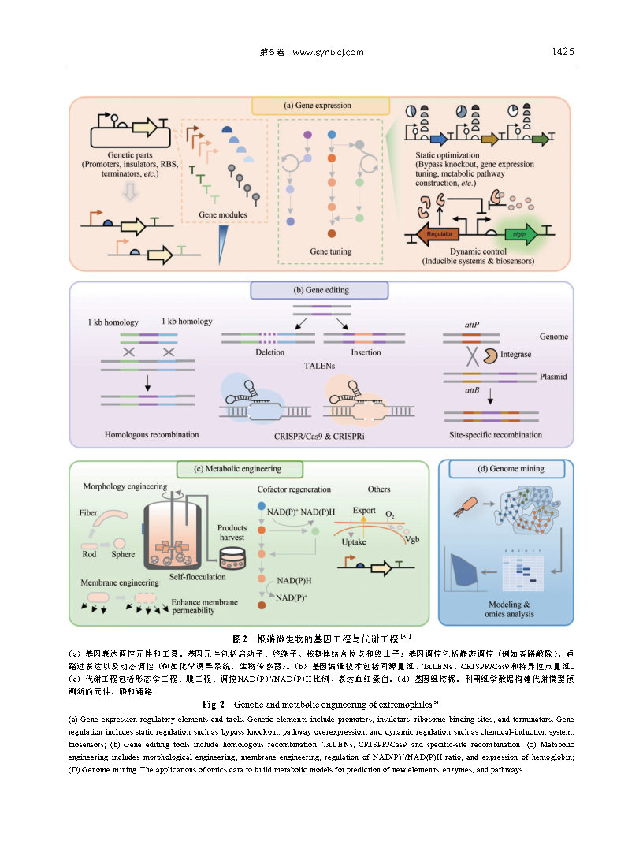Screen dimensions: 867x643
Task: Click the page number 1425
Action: [562, 52]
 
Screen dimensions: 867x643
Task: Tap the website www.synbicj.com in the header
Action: [327, 53]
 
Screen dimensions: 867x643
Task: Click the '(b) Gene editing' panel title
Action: [319, 290]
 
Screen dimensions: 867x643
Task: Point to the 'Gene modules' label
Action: [222, 214]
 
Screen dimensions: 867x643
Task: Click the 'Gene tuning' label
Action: [330, 251]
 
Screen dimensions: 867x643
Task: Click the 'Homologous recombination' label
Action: [152, 434]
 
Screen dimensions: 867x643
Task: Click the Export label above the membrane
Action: [364, 510]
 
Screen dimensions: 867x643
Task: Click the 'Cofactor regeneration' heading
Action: [293, 489]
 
